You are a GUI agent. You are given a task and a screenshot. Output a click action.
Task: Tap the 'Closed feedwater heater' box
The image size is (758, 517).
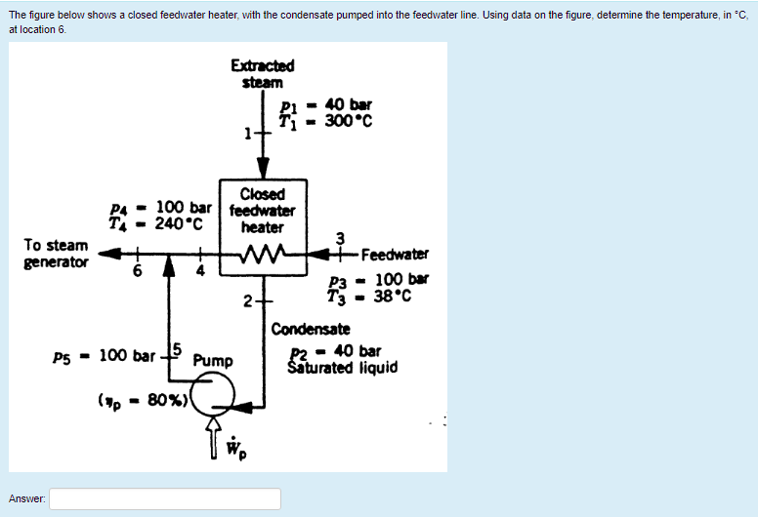pyautogui.click(x=263, y=211)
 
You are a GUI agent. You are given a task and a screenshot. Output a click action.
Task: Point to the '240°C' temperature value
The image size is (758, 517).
pyautogui.click(x=179, y=222)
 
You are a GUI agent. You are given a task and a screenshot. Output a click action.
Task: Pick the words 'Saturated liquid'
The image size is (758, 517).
pyautogui.click(x=342, y=368)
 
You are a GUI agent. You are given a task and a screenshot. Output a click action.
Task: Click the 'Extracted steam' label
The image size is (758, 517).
pyautogui.click(x=262, y=74)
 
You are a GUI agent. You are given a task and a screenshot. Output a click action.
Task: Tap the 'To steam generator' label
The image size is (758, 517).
pyautogui.click(x=58, y=253)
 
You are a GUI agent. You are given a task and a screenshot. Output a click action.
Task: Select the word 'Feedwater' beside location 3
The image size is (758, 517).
pyautogui.click(x=395, y=256)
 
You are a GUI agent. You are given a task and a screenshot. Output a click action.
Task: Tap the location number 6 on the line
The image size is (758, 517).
pyautogui.click(x=139, y=272)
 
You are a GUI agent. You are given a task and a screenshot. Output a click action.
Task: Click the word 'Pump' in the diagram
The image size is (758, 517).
pyautogui.click(x=213, y=360)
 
